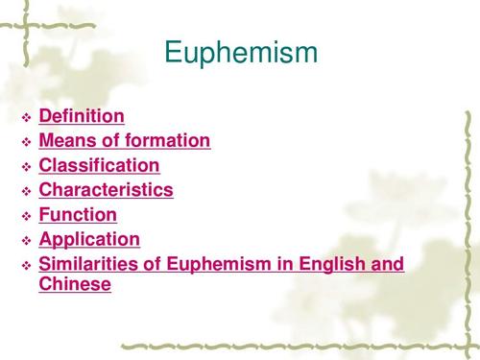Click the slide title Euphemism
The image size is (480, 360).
tap(241, 52)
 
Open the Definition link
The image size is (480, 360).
tap(82, 117)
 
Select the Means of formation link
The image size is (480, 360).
tap(124, 141)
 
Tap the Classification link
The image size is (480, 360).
tap(99, 166)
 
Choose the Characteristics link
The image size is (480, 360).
tap(106, 190)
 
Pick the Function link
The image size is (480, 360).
tap(78, 215)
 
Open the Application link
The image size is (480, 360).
tap(89, 239)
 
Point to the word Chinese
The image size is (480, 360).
tap(75, 284)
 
